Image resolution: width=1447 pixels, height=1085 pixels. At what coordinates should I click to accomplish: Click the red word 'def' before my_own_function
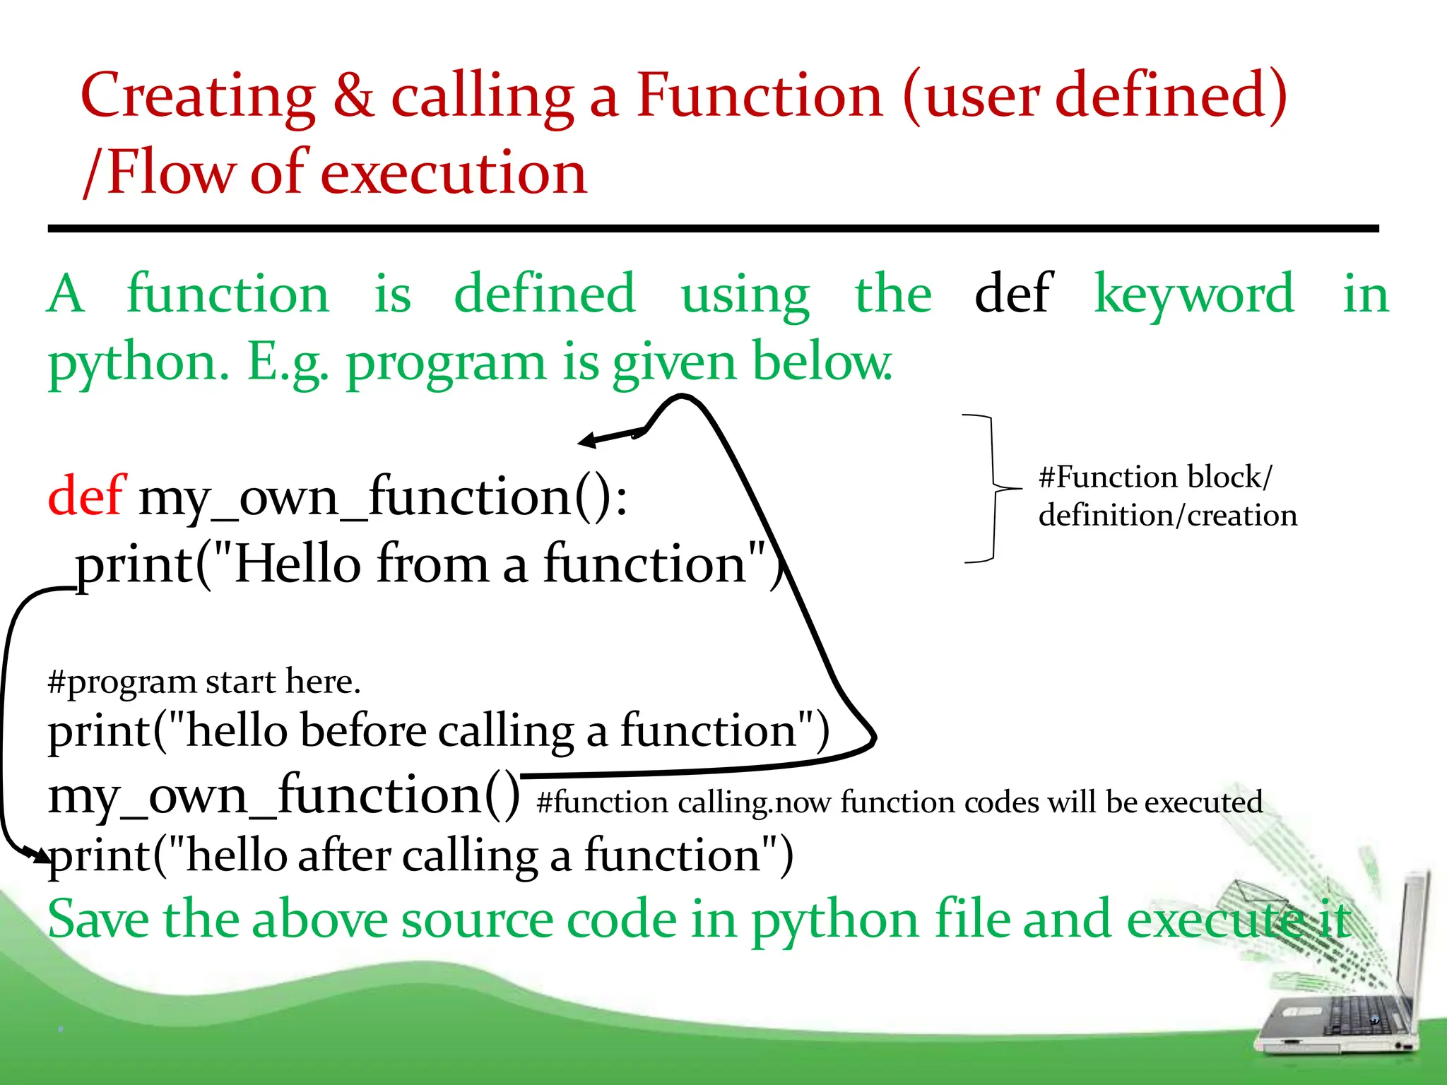coord(86,496)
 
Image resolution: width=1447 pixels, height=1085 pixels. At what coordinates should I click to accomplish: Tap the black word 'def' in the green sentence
coord(1013,292)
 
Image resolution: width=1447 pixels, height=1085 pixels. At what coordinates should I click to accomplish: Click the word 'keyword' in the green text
coord(1194,294)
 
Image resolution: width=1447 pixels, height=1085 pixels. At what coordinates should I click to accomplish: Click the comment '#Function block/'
coord(1155,477)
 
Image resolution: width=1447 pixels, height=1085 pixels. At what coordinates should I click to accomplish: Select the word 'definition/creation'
coord(1167,515)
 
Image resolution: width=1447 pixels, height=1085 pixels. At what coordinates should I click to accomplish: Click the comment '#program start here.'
coord(204,682)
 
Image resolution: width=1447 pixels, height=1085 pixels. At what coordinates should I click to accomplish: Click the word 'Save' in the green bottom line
coord(98,920)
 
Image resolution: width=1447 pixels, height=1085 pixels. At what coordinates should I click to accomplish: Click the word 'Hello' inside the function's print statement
coord(297,564)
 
